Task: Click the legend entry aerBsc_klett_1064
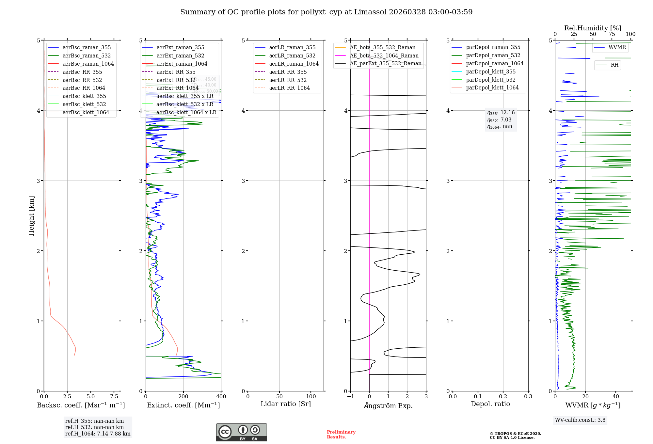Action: pos(86,112)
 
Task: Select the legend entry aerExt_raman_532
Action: pos(180,55)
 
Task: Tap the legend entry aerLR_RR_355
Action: pos(288,72)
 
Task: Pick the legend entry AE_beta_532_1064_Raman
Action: pos(384,55)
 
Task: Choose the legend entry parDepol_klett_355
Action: pos(491,71)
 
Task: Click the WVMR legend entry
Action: pos(617,47)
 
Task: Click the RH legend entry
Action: pos(614,65)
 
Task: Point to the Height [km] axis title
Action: pos(31,216)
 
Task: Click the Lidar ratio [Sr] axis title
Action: pos(286,404)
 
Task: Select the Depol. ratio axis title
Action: pos(490,404)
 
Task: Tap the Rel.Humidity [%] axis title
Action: pos(593,28)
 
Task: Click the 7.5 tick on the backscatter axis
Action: pos(114,396)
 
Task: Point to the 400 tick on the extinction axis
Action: pos(221,396)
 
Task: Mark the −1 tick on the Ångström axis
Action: pos(350,396)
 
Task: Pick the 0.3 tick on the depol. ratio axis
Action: pos(528,396)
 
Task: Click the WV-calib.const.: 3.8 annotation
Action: pos(580,420)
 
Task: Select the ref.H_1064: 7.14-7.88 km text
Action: pos(98,434)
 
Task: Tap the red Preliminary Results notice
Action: pos(341,434)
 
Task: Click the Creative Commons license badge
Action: pos(241,432)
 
